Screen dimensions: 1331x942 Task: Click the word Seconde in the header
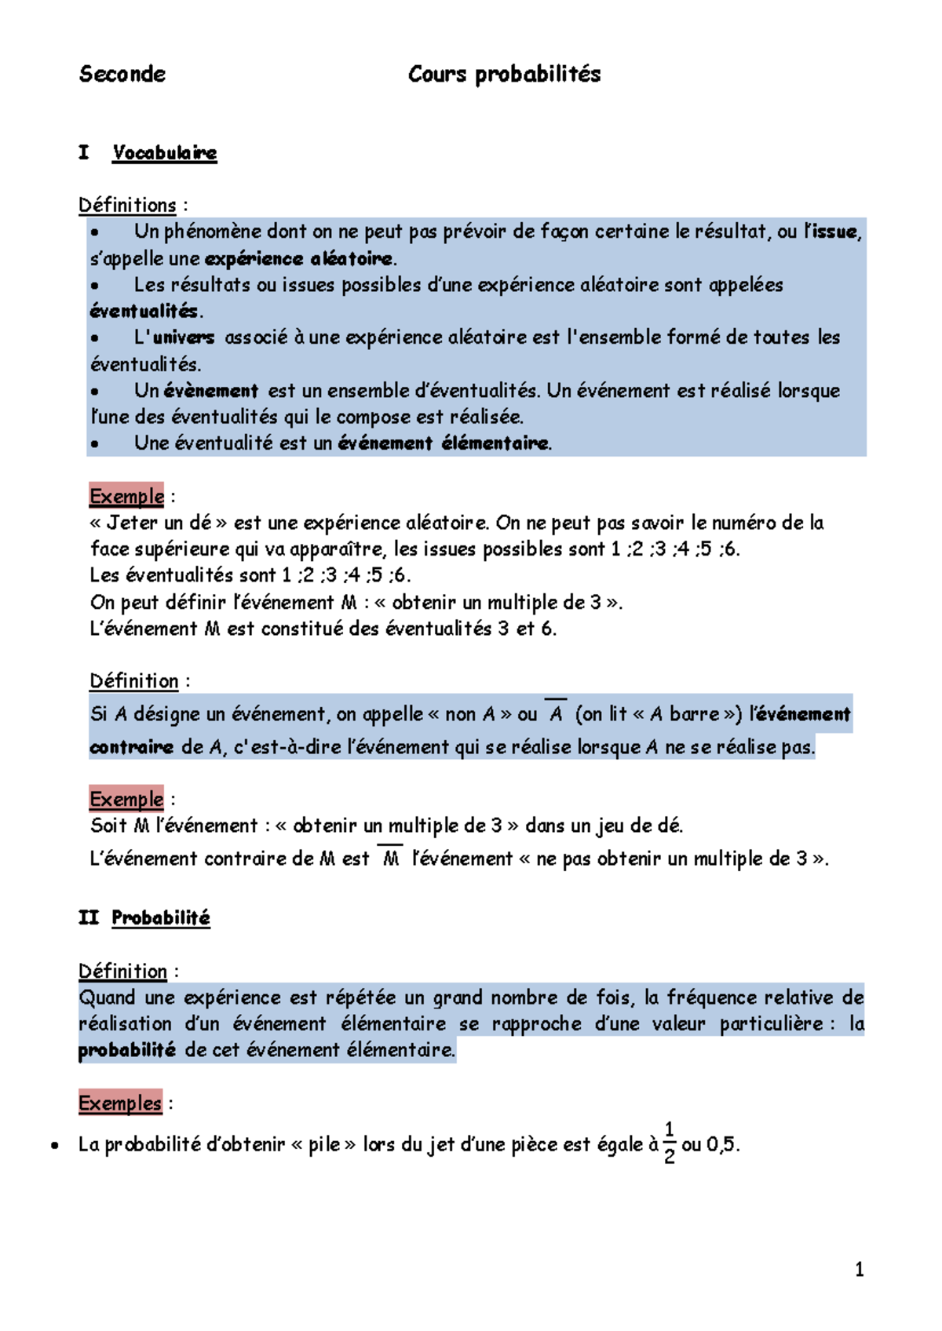122,75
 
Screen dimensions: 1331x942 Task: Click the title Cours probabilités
504,75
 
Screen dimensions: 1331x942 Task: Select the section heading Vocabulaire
164,152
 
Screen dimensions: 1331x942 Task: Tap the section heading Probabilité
161,917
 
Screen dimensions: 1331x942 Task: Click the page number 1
860,1269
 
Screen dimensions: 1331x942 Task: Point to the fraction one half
669,1143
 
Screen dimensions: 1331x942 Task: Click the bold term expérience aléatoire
298,258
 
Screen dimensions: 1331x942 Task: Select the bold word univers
184,337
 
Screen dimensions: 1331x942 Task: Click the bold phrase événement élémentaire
443,443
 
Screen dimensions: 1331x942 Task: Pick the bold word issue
834,232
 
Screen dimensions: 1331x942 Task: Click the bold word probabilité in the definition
127,1050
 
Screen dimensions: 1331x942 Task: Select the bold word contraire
131,747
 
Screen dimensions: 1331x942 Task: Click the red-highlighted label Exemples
120,1103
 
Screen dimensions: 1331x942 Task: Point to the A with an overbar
556,713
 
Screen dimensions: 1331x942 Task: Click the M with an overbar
390,858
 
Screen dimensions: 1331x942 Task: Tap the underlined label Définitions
127,205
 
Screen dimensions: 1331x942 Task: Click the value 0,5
721,1144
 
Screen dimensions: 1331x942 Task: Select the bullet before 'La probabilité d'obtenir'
54,1146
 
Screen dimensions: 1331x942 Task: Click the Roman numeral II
88,917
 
